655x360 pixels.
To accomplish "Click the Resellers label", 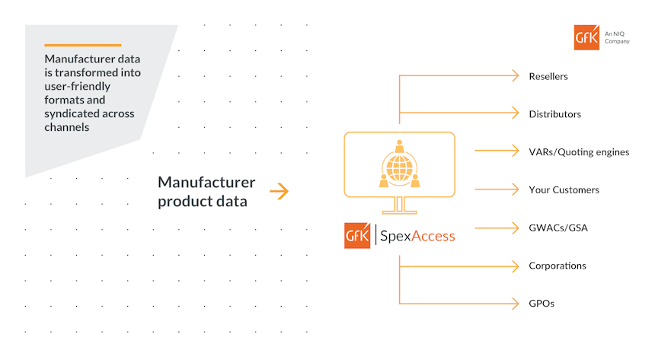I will [548, 76].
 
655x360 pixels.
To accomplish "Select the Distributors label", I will [554, 114].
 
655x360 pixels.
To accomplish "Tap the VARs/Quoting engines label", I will [579, 152].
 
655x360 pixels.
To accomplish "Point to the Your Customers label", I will [564, 190].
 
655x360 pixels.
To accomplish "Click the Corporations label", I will [558, 266].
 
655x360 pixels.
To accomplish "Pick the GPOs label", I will [542, 304].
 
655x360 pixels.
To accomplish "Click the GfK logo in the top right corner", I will [586, 37].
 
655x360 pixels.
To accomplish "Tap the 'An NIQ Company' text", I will [617, 38].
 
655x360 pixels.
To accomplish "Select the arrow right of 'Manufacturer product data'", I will [279, 191].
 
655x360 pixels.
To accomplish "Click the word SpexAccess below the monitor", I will [417, 236].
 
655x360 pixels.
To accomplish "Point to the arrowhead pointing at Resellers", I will [516, 76].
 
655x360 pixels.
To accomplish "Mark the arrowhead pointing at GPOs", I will [516, 304].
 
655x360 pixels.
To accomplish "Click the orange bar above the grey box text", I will [82, 45].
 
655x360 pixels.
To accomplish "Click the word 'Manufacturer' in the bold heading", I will [206, 182].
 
